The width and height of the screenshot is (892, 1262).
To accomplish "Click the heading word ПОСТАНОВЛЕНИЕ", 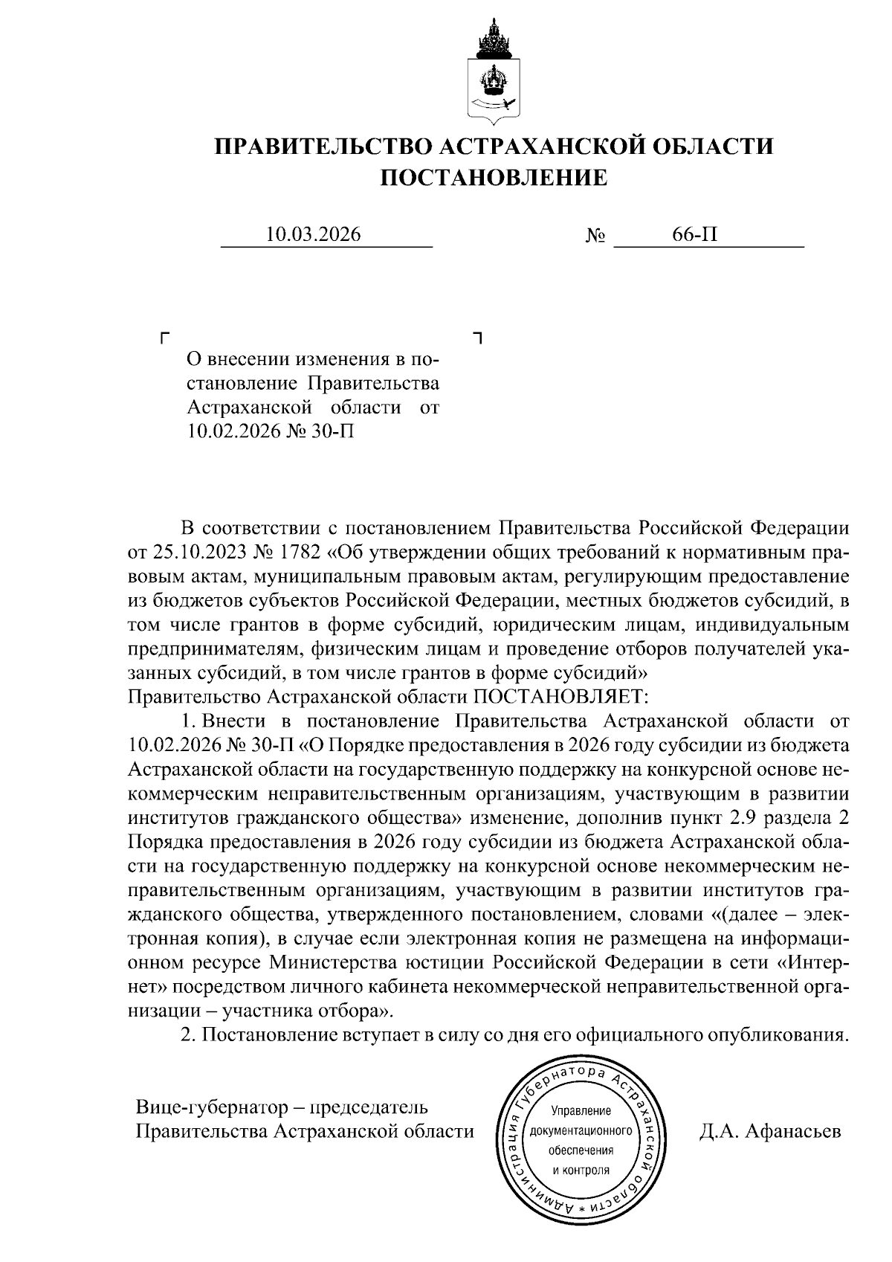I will click(494, 178).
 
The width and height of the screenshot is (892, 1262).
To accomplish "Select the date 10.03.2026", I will click(314, 235).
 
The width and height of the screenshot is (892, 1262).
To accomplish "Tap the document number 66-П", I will click(695, 235).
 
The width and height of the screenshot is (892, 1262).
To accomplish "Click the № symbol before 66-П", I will click(595, 236).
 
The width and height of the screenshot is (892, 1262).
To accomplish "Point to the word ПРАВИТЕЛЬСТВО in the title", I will click(320, 146).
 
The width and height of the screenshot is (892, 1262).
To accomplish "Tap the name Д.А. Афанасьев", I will click(769, 1131).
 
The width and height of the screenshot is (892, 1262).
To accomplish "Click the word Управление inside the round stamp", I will click(581, 1111).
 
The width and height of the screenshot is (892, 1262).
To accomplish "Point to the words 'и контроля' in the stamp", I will click(581, 1169).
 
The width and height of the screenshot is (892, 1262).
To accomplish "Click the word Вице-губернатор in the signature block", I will click(206, 1107).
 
